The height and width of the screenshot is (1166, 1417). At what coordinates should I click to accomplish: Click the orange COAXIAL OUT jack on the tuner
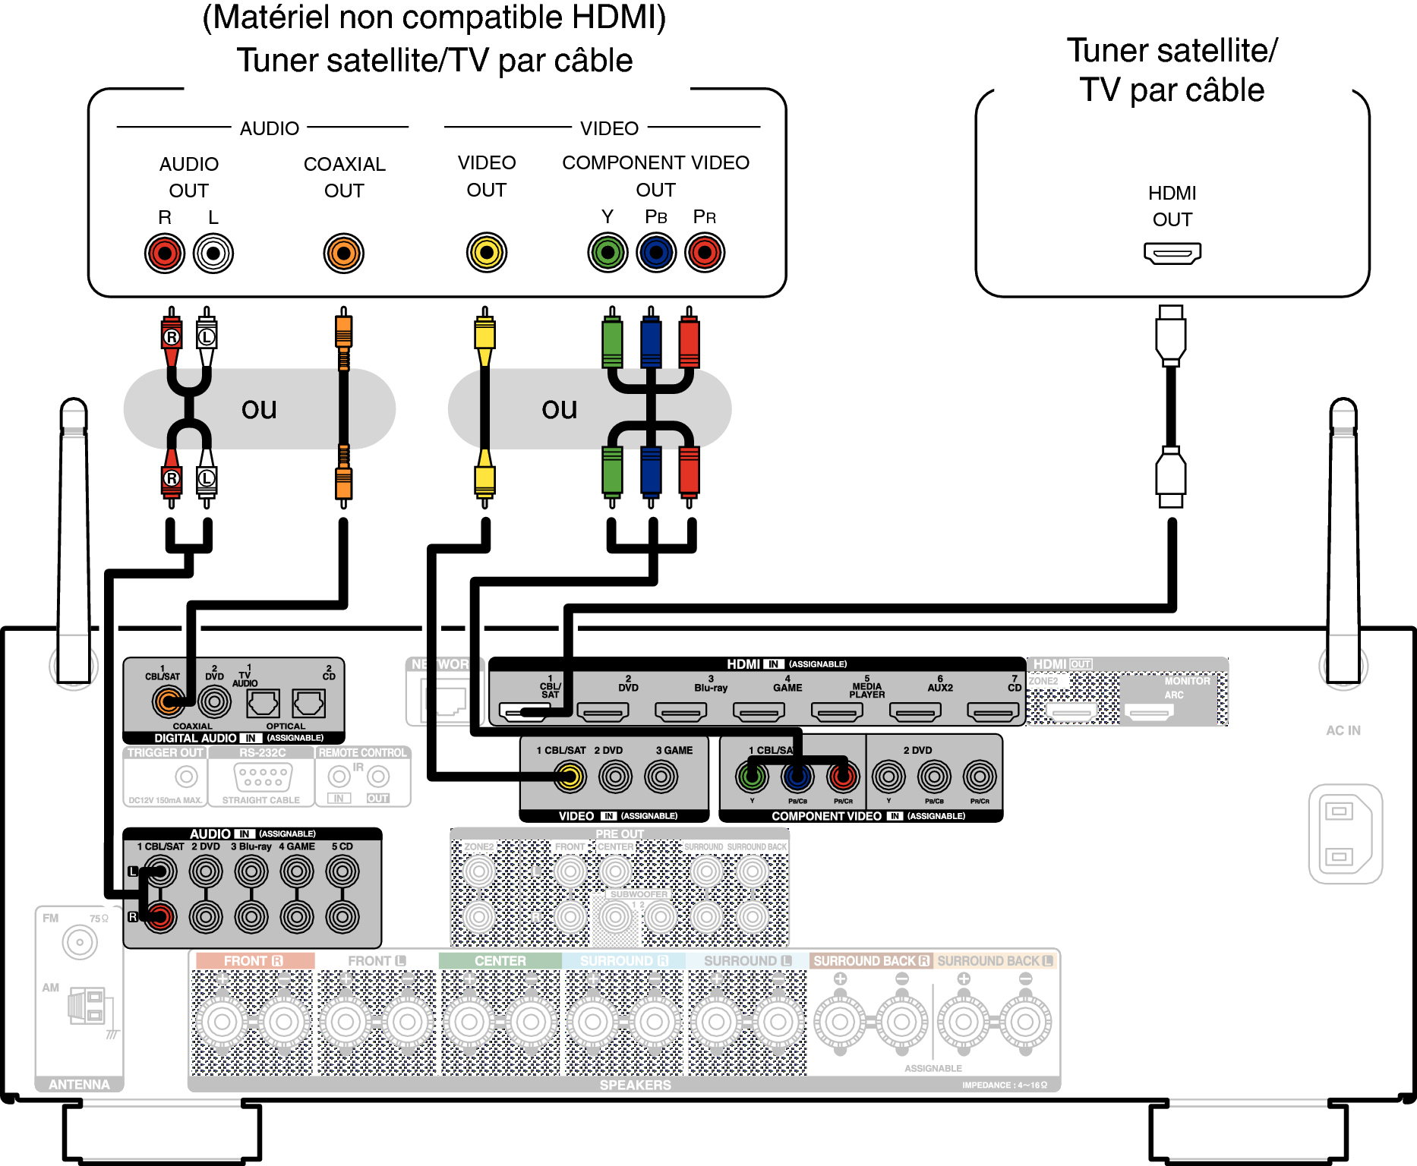point(344,254)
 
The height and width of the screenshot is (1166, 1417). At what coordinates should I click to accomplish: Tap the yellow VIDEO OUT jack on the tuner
point(487,253)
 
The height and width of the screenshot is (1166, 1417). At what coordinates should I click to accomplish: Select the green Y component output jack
point(608,253)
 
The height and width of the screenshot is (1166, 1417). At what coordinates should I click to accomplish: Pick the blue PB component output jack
point(656,253)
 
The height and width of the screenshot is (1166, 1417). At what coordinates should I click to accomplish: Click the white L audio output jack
point(213,254)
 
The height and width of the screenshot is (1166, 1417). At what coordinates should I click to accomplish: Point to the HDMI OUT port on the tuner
point(1172,253)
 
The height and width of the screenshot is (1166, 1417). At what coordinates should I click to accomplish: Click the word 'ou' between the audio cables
point(259,409)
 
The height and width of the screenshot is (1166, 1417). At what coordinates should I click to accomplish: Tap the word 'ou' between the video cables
point(560,409)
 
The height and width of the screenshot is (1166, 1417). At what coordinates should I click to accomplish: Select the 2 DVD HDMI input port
point(603,712)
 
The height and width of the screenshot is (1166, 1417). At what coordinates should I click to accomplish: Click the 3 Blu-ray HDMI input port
point(681,712)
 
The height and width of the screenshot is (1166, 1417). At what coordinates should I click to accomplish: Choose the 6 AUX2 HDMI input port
point(915,712)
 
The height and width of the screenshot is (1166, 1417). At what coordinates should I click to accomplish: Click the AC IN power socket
point(1345,834)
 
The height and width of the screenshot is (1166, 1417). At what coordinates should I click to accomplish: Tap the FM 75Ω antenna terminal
point(80,942)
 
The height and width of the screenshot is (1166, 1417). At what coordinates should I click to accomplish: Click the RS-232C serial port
point(263,777)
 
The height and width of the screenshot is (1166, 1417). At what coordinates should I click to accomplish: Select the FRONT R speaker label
point(254,961)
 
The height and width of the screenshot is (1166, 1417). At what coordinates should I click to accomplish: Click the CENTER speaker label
point(500,961)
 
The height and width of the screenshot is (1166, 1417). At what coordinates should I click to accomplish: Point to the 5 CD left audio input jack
point(342,871)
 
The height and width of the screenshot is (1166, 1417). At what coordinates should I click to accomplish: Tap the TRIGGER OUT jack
point(186,777)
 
